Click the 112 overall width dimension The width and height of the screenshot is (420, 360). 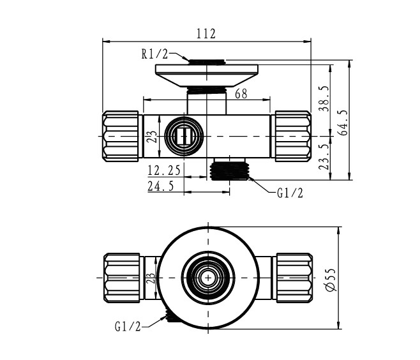coord(206,34)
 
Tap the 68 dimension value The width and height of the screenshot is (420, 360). coord(241,94)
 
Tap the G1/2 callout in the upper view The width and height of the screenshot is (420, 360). coord(290,193)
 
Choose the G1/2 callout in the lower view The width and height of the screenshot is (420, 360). coord(127,327)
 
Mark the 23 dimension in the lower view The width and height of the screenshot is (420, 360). coord(151,278)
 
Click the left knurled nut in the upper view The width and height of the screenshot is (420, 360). coord(121,136)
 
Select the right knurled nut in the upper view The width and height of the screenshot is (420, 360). coord(292,136)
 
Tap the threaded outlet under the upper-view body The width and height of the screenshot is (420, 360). coord(229,169)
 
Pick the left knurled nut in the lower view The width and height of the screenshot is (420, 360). coord(121,278)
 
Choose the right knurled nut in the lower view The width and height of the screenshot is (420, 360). coord(294,278)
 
